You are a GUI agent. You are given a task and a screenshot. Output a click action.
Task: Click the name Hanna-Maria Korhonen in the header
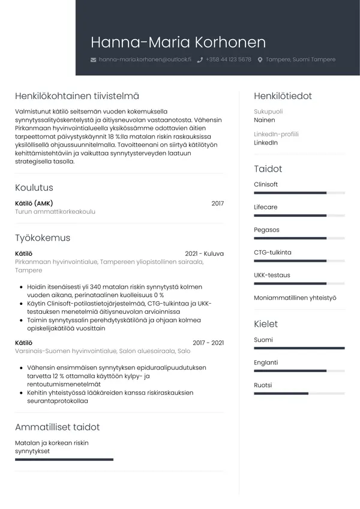click(x=178, y=43)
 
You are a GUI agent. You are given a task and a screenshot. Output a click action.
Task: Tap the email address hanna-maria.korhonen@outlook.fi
click(x=145, y=60)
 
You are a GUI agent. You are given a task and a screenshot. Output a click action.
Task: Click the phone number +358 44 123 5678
click(x=228, y=60)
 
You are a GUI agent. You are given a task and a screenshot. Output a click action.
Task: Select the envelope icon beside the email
click(x=93, y=60)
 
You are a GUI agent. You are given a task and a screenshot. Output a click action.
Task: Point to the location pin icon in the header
click(x=260, y=60)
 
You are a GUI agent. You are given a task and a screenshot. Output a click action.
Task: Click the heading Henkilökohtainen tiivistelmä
click(x=77, y=96)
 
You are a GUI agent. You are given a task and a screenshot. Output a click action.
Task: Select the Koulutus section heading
click(x=34, y=188)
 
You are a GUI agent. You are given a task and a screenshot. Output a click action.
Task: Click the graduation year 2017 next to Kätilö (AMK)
click(x=217, y=203)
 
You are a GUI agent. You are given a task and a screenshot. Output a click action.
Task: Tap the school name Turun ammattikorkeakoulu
click(x=55, y=212)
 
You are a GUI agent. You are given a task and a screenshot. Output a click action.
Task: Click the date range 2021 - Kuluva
click(x=204, y=254)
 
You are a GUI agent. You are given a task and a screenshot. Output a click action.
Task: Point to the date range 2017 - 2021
click(x=208, y=343)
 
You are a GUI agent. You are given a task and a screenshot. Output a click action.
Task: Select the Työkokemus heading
click(x=43, y=238)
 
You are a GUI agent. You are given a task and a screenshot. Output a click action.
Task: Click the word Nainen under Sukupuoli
click(x=265, y=120)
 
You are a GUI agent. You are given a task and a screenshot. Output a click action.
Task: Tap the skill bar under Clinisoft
click(x=299, y=193)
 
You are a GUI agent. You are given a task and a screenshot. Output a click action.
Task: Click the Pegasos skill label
click(x=266, y=230)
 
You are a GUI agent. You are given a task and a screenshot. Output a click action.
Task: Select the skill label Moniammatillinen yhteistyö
click(x=295, y=298)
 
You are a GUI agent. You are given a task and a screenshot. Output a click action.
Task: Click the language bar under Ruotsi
click(x=299, y=393)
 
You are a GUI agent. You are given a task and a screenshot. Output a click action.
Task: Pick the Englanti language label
click(x=266, y=363)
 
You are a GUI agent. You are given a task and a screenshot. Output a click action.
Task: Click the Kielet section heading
click(x=266, y=324)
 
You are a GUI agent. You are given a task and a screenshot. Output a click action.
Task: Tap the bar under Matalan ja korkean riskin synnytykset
click(x=64, y=459)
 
